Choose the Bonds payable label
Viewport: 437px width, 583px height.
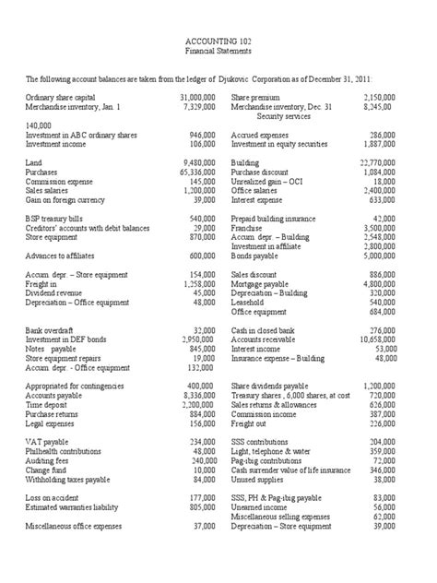click(x=258, y=256)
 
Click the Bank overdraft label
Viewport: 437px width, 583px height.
click(x=50, y=330)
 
